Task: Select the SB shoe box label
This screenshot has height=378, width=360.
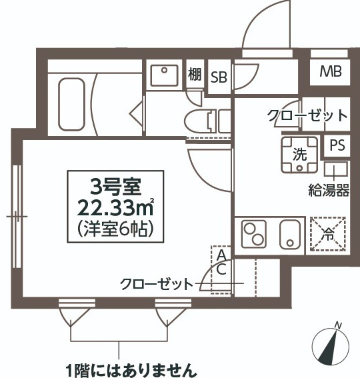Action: point(219,77)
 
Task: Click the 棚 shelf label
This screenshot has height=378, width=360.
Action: point(195,75)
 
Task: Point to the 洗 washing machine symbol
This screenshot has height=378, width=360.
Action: point(300,155)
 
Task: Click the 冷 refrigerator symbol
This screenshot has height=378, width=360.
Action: point(329,234)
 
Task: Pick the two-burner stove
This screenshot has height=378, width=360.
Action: point(254,234)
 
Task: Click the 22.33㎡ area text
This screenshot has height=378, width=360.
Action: point(117,205)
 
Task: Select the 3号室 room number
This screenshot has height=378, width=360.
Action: point(115,183)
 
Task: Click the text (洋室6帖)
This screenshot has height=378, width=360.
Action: point(117,229)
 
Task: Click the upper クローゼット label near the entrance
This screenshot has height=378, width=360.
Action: point(307,115)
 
